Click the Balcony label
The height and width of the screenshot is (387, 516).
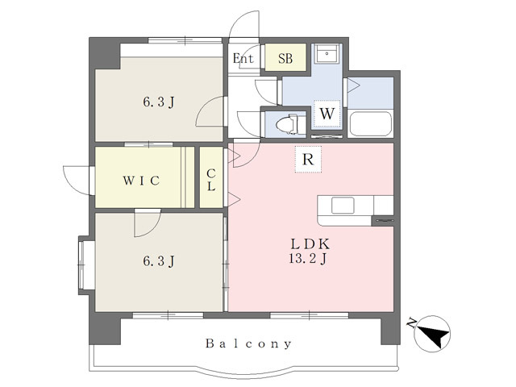coord(248,343)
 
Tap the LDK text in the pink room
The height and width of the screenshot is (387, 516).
coord(310,244)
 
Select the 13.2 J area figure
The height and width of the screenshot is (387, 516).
coord(308,259)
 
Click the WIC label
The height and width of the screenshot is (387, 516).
coord(142,181)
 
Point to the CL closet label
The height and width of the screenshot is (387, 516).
coord(211,180)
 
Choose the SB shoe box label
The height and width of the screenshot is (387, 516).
coord(285,59)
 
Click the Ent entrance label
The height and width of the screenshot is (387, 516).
coord(243,59)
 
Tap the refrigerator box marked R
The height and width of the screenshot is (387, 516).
coord(308,160)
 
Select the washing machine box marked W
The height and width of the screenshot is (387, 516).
coord(327,114)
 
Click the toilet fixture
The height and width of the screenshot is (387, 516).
coord(287,124)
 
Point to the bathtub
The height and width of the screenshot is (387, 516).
coord(370,124)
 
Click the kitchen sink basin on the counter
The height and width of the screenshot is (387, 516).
coord(343,205)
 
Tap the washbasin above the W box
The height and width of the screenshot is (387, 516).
coord(326,53)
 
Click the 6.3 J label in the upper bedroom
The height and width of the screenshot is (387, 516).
coord(159,102)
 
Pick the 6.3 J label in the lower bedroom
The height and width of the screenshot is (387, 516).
coord(159,261)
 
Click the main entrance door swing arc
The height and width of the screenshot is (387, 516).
coord(244,23)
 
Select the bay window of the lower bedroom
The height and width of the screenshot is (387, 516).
coord(86,265)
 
